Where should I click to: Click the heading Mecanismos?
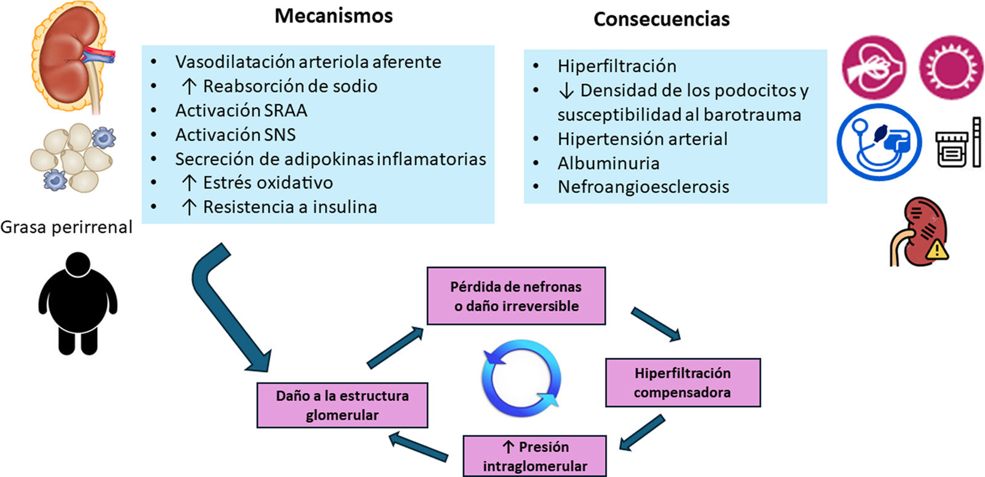coord(334,16)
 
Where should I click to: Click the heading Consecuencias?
coord(661,19)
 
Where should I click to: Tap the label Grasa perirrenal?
coord(66,227)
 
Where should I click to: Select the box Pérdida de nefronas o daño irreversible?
coord(516,296)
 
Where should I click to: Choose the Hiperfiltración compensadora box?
coord(683,383)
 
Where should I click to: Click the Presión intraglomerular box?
coord(534,456)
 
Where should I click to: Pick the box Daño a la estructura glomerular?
coord(342,405)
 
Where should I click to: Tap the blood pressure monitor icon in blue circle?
coord(879,142)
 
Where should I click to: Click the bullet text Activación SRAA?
coord(241,110)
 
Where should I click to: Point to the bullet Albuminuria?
coord(608,163)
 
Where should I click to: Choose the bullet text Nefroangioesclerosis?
coord(643,187)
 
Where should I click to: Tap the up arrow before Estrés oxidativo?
coord(189,183)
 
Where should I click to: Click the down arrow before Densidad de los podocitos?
coord(566,91)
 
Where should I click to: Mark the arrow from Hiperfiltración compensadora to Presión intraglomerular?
coord(641,433)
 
